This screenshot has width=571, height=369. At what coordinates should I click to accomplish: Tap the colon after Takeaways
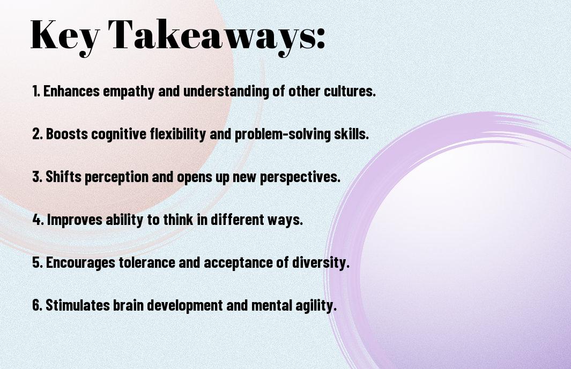coord(321,38)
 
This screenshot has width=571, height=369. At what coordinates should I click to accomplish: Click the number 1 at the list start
coord(36,91)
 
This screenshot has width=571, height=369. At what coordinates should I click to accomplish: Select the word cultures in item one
coord(350,91)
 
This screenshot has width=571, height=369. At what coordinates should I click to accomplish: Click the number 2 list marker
coord(37,134)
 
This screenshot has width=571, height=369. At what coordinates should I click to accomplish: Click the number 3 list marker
coord(37,177)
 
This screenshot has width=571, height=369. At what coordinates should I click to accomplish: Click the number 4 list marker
coord(38,220)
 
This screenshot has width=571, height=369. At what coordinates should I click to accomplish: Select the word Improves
coord(75,220)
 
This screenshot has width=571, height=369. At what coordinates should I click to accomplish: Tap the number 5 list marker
coord(38,262)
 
